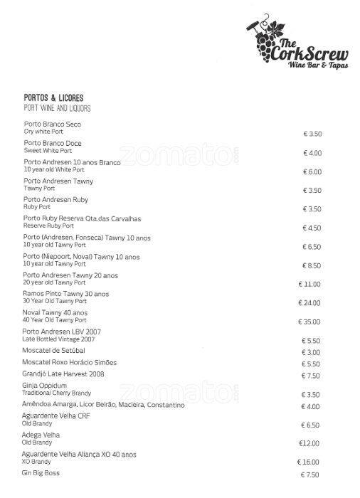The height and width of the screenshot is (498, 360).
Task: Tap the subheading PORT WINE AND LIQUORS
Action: click(x=57, y=108)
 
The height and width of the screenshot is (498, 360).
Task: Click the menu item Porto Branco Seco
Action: click(x=52, y=124)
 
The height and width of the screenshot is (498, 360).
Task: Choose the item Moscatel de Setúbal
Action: click(x=53, y=351)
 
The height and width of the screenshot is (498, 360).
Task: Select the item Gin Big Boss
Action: click(x=41, y=473)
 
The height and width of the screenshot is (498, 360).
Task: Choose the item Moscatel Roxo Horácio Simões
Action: click(x=70, y=362)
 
